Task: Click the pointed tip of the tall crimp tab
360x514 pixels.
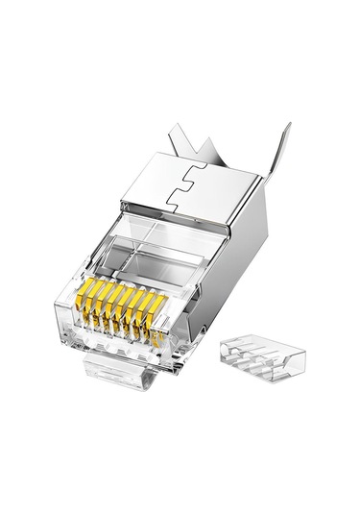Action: pos(287,123)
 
